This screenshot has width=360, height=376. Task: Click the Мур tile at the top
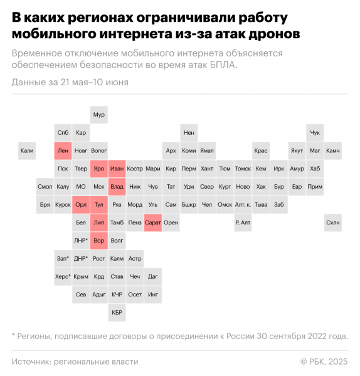coord(98,115)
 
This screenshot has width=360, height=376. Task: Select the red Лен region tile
coord(63,150)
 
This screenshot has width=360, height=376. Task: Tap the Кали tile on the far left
coord(26,150)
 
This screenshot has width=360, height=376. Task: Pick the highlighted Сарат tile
coord(153,222)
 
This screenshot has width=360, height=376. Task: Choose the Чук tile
coord(315,133)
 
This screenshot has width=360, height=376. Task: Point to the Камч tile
coord(333,150)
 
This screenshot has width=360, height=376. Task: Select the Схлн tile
coord(333,222)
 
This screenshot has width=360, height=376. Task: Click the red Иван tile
coord(117,169)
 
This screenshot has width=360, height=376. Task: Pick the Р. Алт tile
coord(243,222)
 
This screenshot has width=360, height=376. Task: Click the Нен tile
coord(189,133)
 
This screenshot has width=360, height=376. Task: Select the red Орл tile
coord(80,204)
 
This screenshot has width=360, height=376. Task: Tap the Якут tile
coord(297,150)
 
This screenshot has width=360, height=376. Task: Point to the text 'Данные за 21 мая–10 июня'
coord(70,82)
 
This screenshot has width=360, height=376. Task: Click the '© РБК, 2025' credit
coord(324,362)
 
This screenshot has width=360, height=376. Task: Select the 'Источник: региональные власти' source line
coord(75,362)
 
